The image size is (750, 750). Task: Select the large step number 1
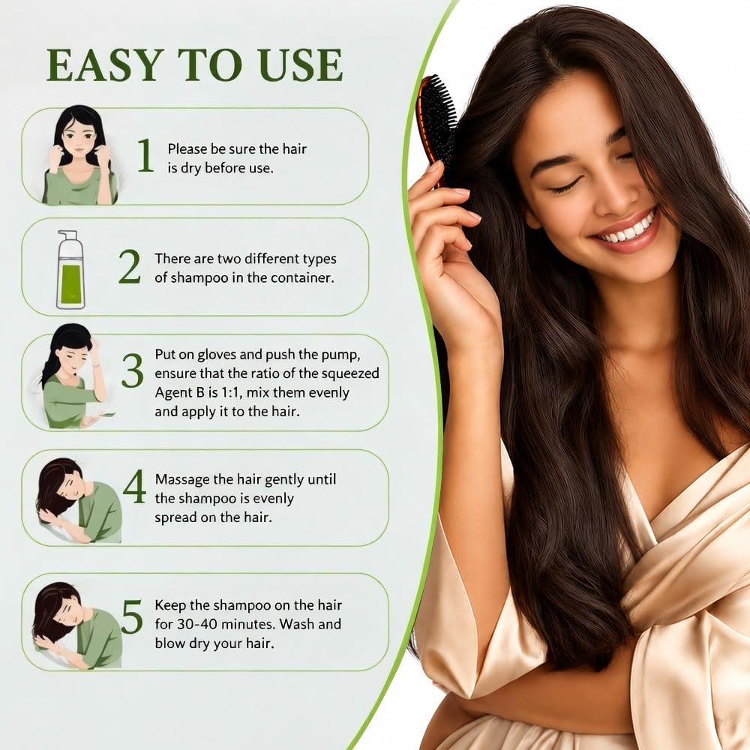(x=145, y=155)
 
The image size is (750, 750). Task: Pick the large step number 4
(x=134, y=486)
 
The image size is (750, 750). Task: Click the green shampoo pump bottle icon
(x=70, y=269)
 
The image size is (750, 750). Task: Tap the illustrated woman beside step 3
(x=73, y=376)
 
